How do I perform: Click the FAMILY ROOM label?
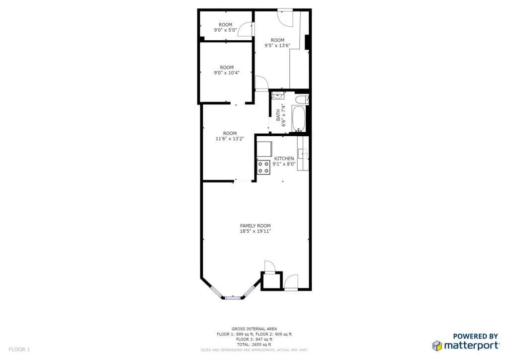click(x=255, y=226)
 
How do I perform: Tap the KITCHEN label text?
click(x=284, y=159)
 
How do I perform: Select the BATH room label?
click(x=278, y=115)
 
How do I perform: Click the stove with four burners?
click(x=263, y=168)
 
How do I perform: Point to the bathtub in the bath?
click(x=299, y=118)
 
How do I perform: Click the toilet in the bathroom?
click(x=302, y=99)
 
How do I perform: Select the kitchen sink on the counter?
click(x=303, y=154)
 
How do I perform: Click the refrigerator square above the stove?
click(x=264, y=149)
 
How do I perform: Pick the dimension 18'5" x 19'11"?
click(x=255, y=231)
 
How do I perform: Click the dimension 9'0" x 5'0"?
click(x=225, y=30)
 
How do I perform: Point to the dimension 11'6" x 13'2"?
click(x=230, y=139)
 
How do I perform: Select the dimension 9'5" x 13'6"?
click(x=277, y=45)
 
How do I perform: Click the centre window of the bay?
click(x=233, y=297)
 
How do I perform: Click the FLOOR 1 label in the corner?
click(x=19, y=350)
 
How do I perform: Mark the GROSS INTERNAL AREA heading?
click(x=254, y=329)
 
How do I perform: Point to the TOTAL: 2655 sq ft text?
click(x=254, y=345)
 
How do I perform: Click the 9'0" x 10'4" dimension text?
click(x=227, y=73)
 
